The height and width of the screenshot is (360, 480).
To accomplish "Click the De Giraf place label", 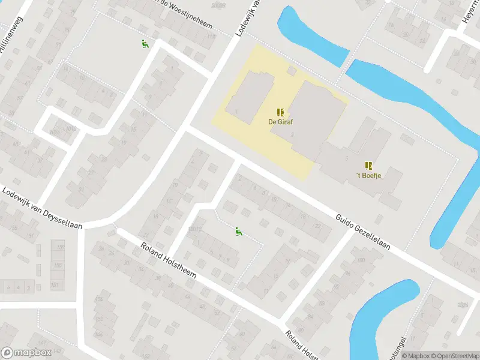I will tap(280, 122).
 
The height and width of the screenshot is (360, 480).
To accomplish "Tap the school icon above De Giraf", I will tap(280, 112).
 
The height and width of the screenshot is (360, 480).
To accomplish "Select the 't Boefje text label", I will tap(369, 175).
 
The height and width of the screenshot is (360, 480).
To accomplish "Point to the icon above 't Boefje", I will tap(368, 165).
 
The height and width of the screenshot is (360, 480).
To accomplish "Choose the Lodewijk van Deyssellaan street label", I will tap(41, 208).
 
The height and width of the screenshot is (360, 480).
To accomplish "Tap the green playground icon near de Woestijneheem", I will tap(145, 44).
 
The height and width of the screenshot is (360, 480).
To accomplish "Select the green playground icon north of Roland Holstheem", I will tap(238, 231).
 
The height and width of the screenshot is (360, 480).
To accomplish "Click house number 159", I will tap(59, 246).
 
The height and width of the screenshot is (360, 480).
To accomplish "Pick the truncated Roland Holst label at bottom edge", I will tap(299, 346).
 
